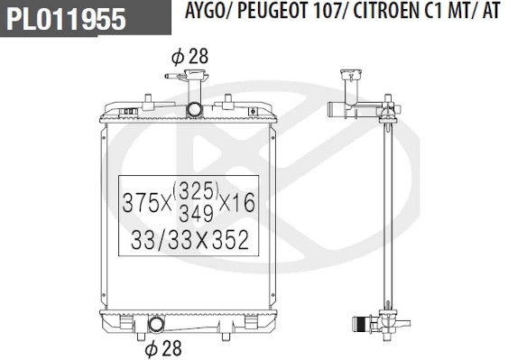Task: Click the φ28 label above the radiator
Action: click(189, 56)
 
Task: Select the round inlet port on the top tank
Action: click(195, 110)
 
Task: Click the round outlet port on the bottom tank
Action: click(155, 324)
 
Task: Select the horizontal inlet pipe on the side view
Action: click(338, 114)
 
